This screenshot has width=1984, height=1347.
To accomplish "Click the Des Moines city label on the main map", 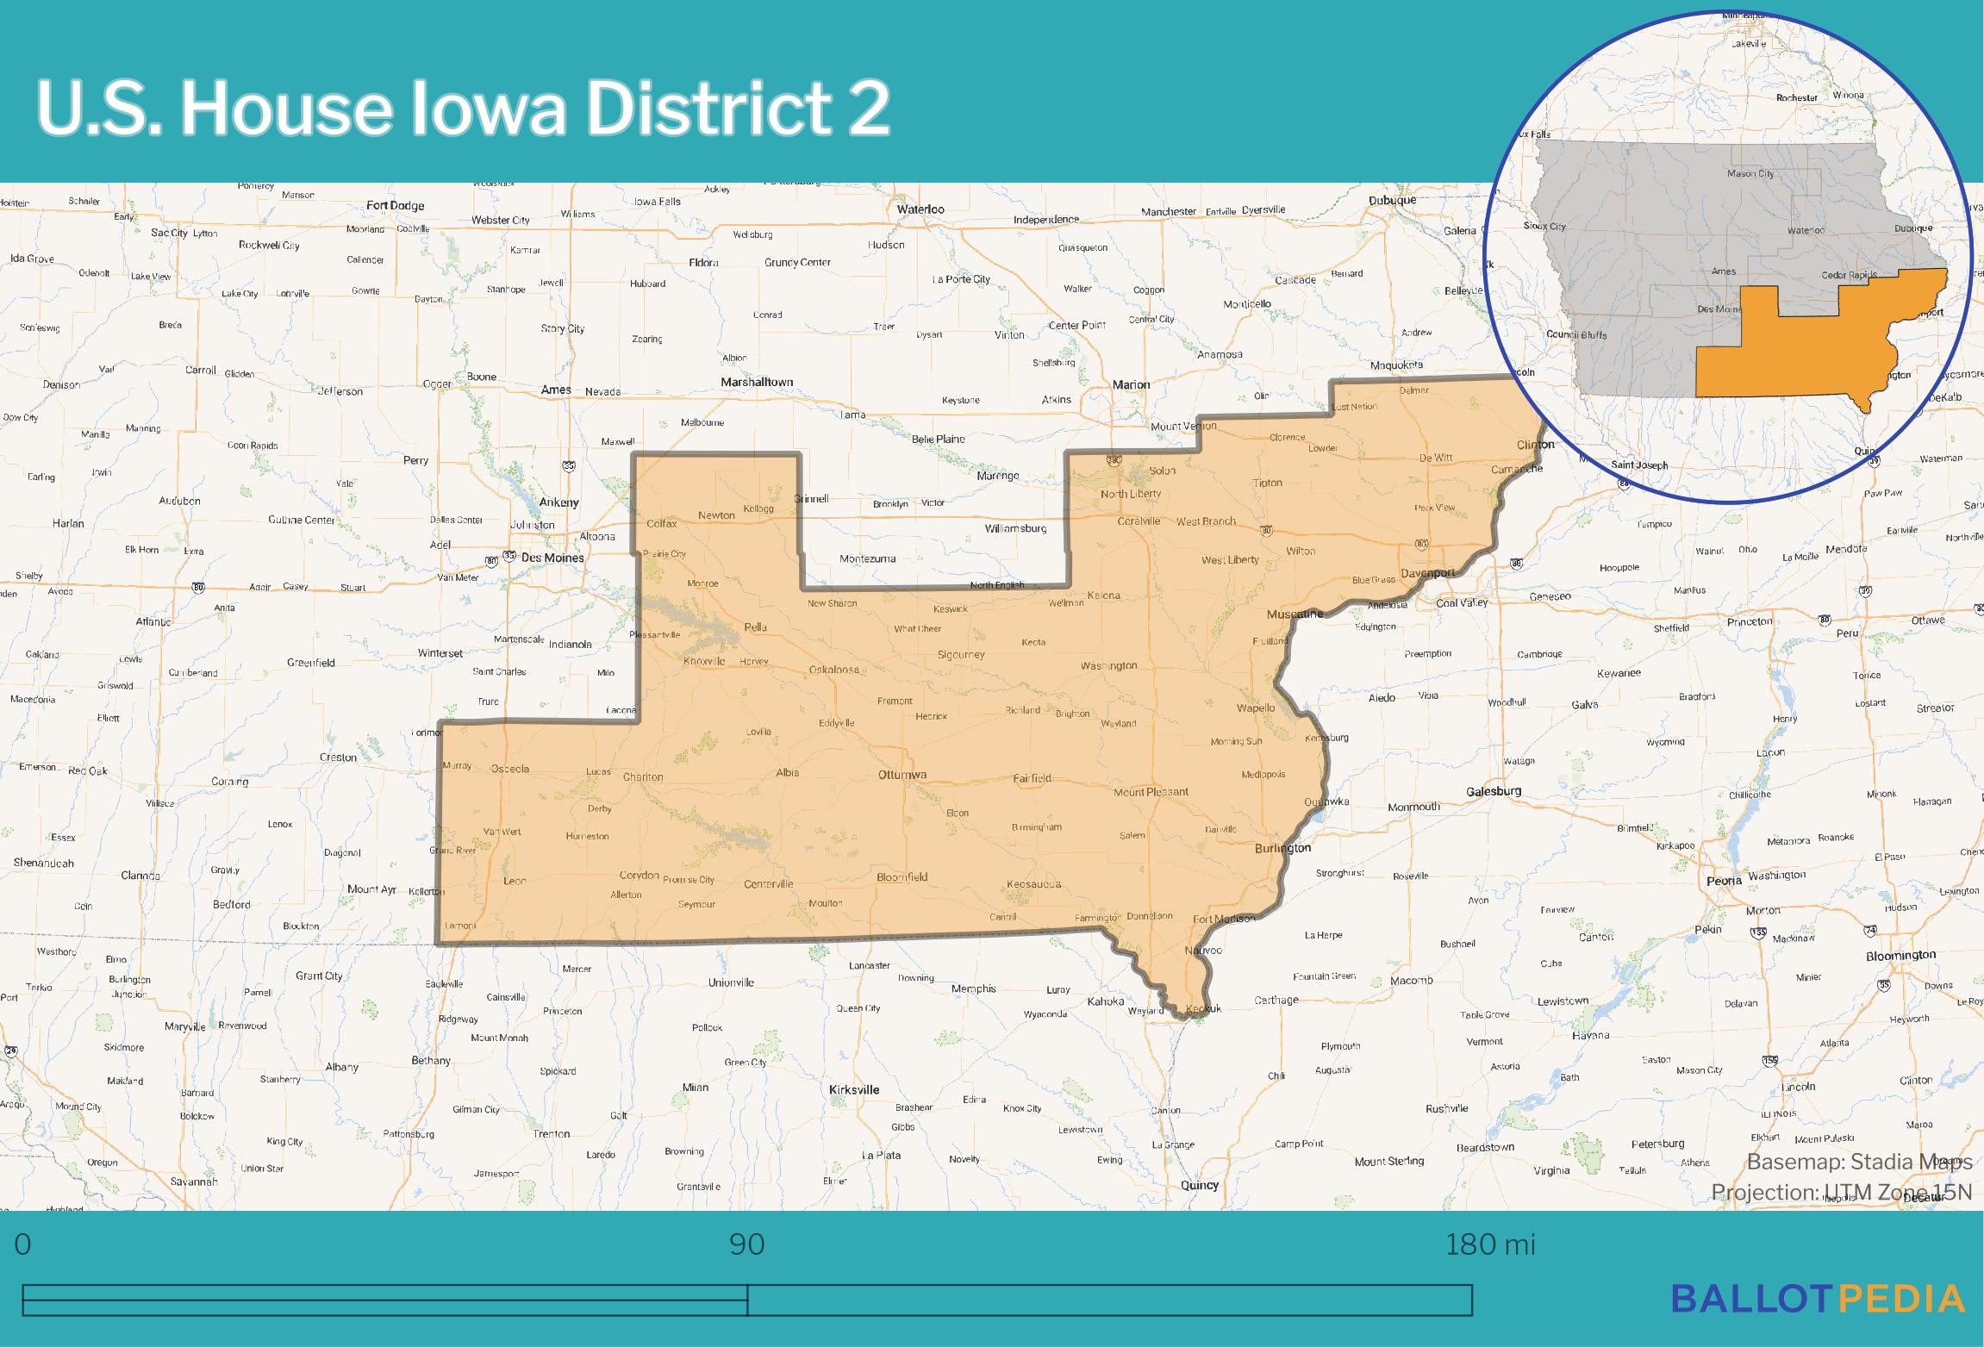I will (x=552, y=558).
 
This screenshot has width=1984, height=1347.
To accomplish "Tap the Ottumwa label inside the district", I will (x=902, y=775).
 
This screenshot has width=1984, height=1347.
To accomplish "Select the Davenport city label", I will (x=1427, y=573).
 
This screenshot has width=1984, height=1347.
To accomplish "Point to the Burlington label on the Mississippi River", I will (x=1282, y=848).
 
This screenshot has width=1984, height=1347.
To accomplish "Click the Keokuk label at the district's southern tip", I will (x=1203, y=1008).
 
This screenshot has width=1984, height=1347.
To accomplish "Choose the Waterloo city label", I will (x=920, y=209).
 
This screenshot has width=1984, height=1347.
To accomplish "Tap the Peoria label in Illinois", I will (x=1725, y=881).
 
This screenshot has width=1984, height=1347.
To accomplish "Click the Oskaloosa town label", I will (x=834, y=670).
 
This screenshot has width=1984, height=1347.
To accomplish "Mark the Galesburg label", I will (x=1494, y=791).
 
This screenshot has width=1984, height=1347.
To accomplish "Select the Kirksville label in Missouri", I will (x=854, y=1089).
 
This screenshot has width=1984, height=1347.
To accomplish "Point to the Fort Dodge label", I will (x=395, y=205).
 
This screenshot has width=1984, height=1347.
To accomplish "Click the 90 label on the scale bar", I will (x=746, y=1245).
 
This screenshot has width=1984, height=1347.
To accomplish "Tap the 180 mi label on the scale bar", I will (x=1490, y=1245).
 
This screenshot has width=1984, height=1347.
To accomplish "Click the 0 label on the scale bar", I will (x=23, y=1245).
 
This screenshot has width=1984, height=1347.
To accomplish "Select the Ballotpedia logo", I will (x=1818, y=1298).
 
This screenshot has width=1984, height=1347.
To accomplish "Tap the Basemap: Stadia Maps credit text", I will (x=1859, y=1162).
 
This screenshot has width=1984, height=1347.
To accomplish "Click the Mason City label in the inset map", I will (x=1750, y=173).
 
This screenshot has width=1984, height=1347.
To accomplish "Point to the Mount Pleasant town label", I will (x=1151, y=792).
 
